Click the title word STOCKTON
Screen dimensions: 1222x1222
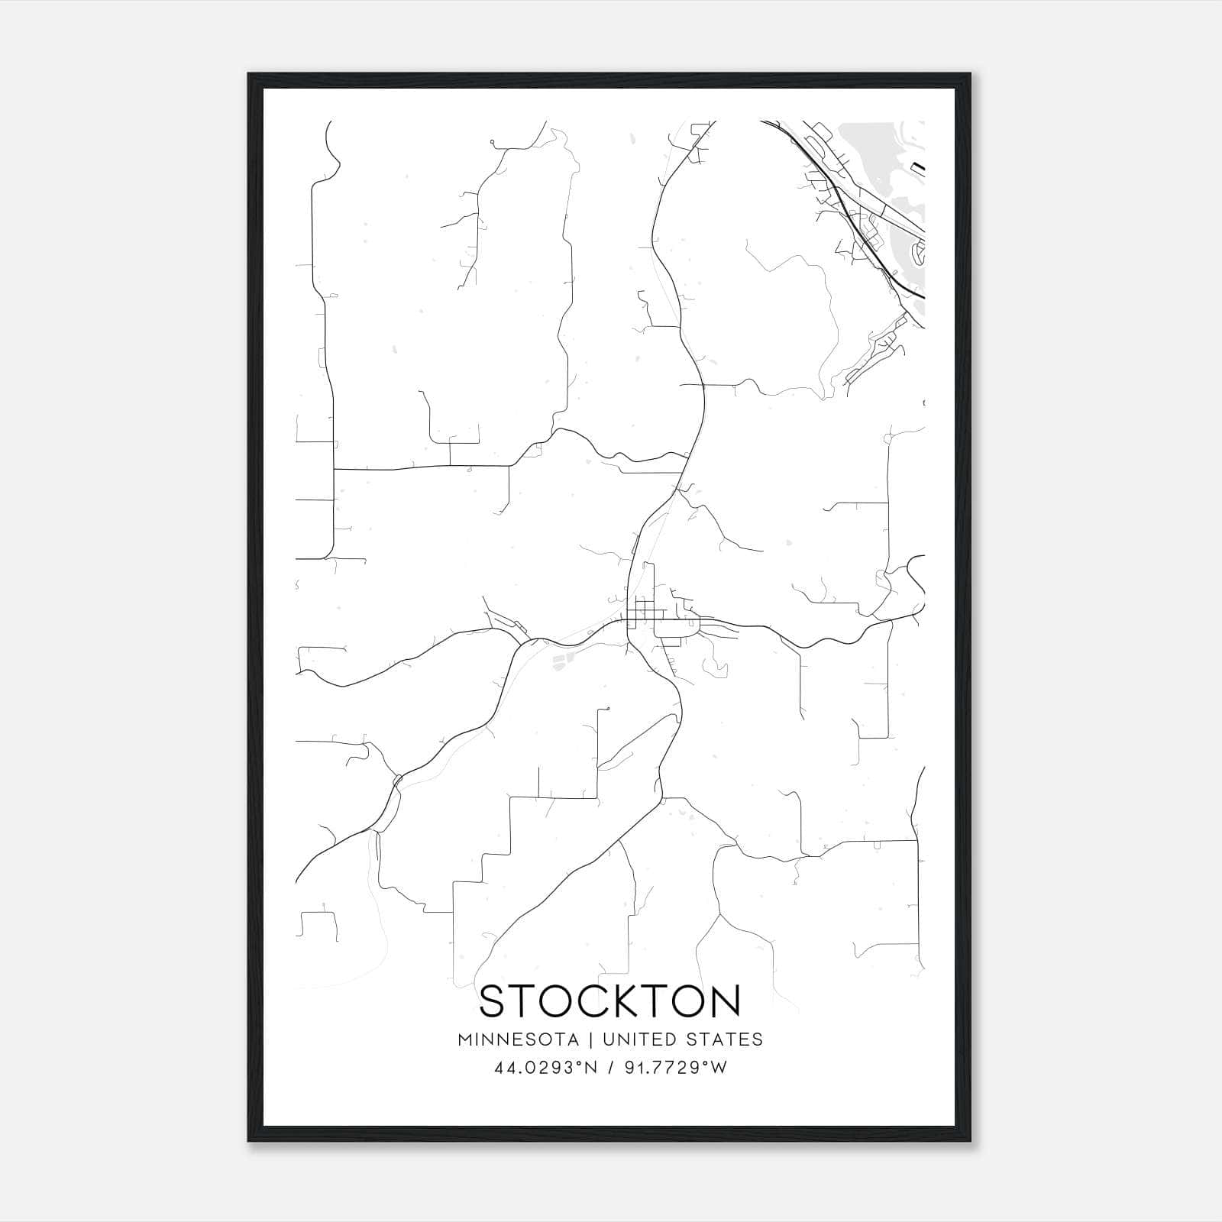click(610, 1001)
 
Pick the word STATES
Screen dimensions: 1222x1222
click(724, 1039)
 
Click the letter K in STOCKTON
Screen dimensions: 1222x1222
click(629, 1001)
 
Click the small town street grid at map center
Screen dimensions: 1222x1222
click(645, 611)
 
